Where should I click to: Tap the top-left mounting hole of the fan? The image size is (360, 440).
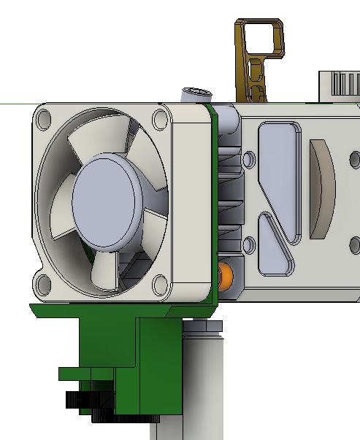(43, 119)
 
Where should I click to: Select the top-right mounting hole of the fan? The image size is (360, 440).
(160, 120)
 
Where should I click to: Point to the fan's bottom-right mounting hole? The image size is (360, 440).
(160, 284)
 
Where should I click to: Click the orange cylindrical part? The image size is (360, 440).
(226, 277)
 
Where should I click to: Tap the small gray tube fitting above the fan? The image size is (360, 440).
(196, 96)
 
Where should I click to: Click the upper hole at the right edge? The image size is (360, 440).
(355, 158)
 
